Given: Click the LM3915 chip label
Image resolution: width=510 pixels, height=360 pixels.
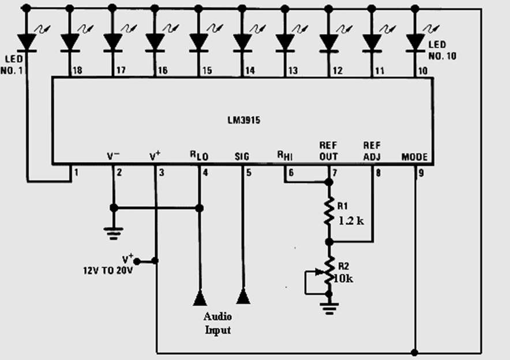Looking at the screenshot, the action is [x=243, y=121].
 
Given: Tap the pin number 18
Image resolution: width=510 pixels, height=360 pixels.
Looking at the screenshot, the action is [x=77, y=70].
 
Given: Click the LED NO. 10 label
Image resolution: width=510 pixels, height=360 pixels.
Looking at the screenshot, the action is [x=442, y=50].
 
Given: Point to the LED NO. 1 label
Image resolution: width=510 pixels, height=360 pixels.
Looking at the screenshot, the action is [x=12, y=65].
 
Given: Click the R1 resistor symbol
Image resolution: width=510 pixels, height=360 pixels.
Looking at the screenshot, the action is [x=329, y=211].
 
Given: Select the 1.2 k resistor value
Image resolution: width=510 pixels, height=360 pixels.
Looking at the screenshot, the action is [x=351, y=221].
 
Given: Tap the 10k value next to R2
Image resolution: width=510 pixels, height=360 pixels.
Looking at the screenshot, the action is [x=343, y=279].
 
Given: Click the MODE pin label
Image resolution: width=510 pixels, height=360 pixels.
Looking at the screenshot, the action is [x=414, y=157].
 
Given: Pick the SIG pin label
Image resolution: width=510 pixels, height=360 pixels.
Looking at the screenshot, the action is [x=242, y=157].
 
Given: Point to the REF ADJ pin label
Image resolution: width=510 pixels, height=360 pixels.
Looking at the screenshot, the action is [x=372, y=151].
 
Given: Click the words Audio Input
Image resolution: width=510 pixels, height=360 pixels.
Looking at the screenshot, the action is [x=217, y=323].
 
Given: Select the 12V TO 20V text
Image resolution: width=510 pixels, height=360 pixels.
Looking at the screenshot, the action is [x=108, y=271].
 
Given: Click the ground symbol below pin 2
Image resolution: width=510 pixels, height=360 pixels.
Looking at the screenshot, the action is [x=113, y=234].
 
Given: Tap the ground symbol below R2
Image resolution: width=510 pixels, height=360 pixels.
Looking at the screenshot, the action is [x=329, y=309].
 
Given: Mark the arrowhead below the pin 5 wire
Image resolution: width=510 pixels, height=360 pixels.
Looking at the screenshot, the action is [x=243, y=297].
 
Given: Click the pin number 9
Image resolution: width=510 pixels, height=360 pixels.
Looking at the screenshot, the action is [x=421, y=173].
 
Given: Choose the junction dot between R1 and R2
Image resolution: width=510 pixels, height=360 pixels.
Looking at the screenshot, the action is [x=329, y=242].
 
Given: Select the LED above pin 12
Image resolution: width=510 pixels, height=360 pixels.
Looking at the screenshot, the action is [x=329, y=42].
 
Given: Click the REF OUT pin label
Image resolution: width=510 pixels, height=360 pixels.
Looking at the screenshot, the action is [x=328, y=151].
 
